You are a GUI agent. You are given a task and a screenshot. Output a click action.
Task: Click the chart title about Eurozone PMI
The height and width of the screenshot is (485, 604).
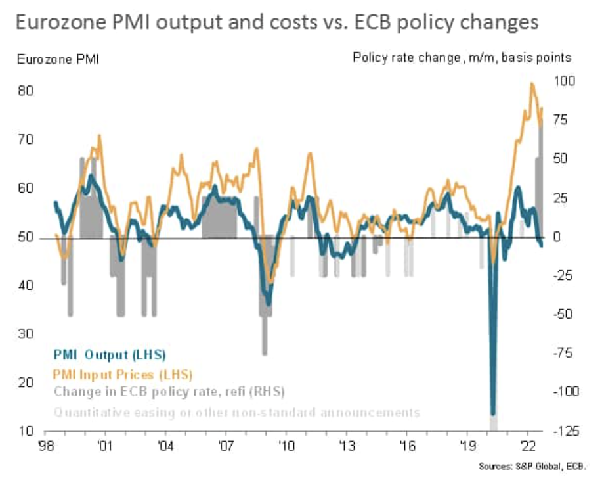coord(276,22)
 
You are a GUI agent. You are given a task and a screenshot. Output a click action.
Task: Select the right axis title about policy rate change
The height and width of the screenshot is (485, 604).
coord(462,57)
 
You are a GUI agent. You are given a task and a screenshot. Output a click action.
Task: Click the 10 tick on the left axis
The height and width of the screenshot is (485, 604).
coord(26,432)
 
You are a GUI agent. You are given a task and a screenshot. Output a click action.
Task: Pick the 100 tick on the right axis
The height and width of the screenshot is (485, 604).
coord(564,81)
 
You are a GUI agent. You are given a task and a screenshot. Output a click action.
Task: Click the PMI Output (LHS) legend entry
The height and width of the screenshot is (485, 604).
coord(110,355)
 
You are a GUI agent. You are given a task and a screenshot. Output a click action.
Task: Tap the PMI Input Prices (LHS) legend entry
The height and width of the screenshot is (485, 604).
coord(123,374)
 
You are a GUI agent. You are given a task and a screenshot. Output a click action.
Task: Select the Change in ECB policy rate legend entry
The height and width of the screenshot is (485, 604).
coord(169,392)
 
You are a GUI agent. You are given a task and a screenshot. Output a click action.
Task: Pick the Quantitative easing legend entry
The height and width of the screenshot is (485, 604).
coord(236,413)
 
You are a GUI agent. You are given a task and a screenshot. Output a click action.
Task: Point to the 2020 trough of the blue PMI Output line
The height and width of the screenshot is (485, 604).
coord(493,414)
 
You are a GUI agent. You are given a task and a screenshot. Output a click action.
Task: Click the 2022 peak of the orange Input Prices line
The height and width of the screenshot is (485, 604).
coord(532,84)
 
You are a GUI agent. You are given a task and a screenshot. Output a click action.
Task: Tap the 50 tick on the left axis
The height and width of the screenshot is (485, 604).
coord(26,237)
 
